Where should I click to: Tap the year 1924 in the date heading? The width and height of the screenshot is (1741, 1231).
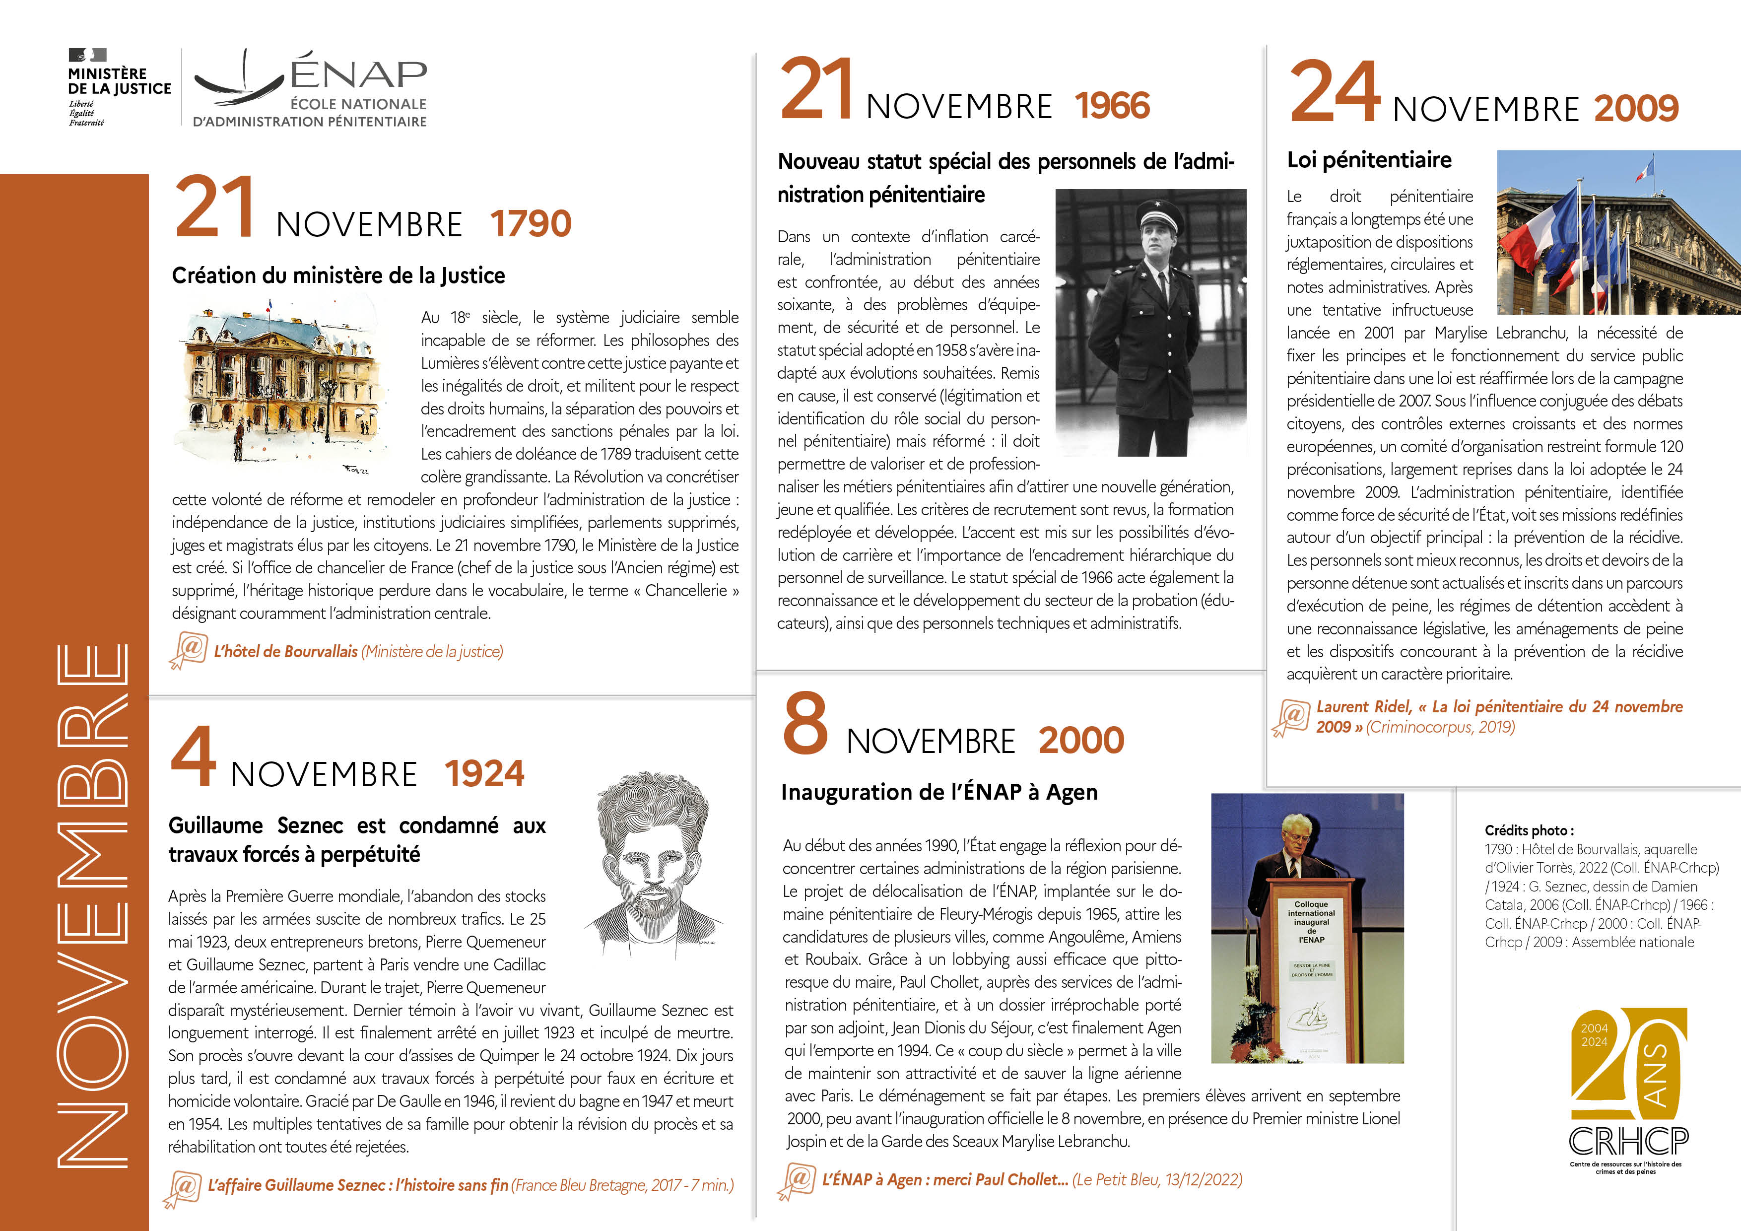pos(484,774)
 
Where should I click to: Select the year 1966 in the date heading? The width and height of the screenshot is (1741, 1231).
pos(1112,105)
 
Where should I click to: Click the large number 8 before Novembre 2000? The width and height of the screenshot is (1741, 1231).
pos(805,724)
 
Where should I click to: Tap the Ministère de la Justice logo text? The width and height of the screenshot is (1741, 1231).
pos(119,81)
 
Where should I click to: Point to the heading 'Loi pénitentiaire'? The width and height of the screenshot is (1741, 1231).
pos(1369,160)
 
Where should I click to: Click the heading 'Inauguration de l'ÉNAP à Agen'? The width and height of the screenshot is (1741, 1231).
pos(939,792)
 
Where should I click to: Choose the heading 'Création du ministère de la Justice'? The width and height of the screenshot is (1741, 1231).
pos(338,275)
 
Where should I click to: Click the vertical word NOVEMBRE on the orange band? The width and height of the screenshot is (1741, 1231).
pos(91,902)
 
